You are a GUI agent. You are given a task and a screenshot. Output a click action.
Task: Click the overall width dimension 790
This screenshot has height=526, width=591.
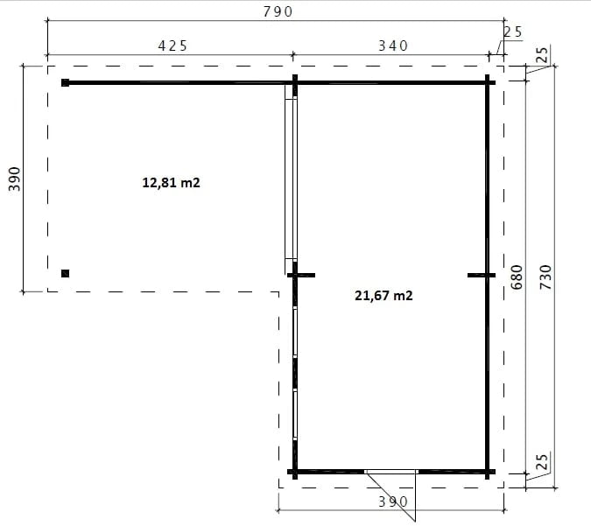[x=278, y=12]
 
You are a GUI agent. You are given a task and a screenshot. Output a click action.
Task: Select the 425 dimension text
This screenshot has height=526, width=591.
[x=172, y=46]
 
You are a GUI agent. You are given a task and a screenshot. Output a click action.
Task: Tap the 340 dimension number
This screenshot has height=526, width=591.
[x=393, y=46]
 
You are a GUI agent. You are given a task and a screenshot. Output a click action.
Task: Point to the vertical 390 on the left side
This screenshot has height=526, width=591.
[x=14, y=179]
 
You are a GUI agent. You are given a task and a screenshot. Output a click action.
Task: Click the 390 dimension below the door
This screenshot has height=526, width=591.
[x=393, y=501]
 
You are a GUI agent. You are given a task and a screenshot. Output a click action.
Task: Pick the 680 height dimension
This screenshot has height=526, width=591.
[x=517, y=277]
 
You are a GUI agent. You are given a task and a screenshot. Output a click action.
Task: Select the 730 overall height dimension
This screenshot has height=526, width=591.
[x=545, y=277]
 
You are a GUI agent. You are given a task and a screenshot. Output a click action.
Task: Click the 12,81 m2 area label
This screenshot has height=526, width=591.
[x=171, y=183]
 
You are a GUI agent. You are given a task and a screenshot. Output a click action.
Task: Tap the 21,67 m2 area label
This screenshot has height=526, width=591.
[x=383, y=296]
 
